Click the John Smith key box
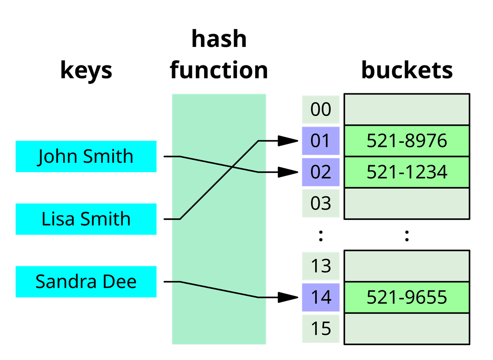(x=86, y=156)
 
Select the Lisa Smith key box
(x=86, y=219)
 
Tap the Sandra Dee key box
(x=86, y=282)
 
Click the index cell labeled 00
(x=321, y=109)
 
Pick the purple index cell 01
(x=321, y=141)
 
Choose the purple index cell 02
(x=321, y=172)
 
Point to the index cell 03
(x=321, y=203)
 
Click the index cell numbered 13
(x=321, y=266)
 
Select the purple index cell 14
(x=321, y=298)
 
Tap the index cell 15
(x=321, y=329)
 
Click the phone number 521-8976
(x=407, y=141)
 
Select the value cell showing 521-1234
(x=407, y=172)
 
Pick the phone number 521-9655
(x=407, y=298)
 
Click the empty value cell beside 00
(x=407, y=109)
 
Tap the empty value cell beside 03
(x=407, y=203)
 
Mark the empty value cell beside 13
(x=407, y=266)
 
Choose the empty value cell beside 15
(x=407, y=329)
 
